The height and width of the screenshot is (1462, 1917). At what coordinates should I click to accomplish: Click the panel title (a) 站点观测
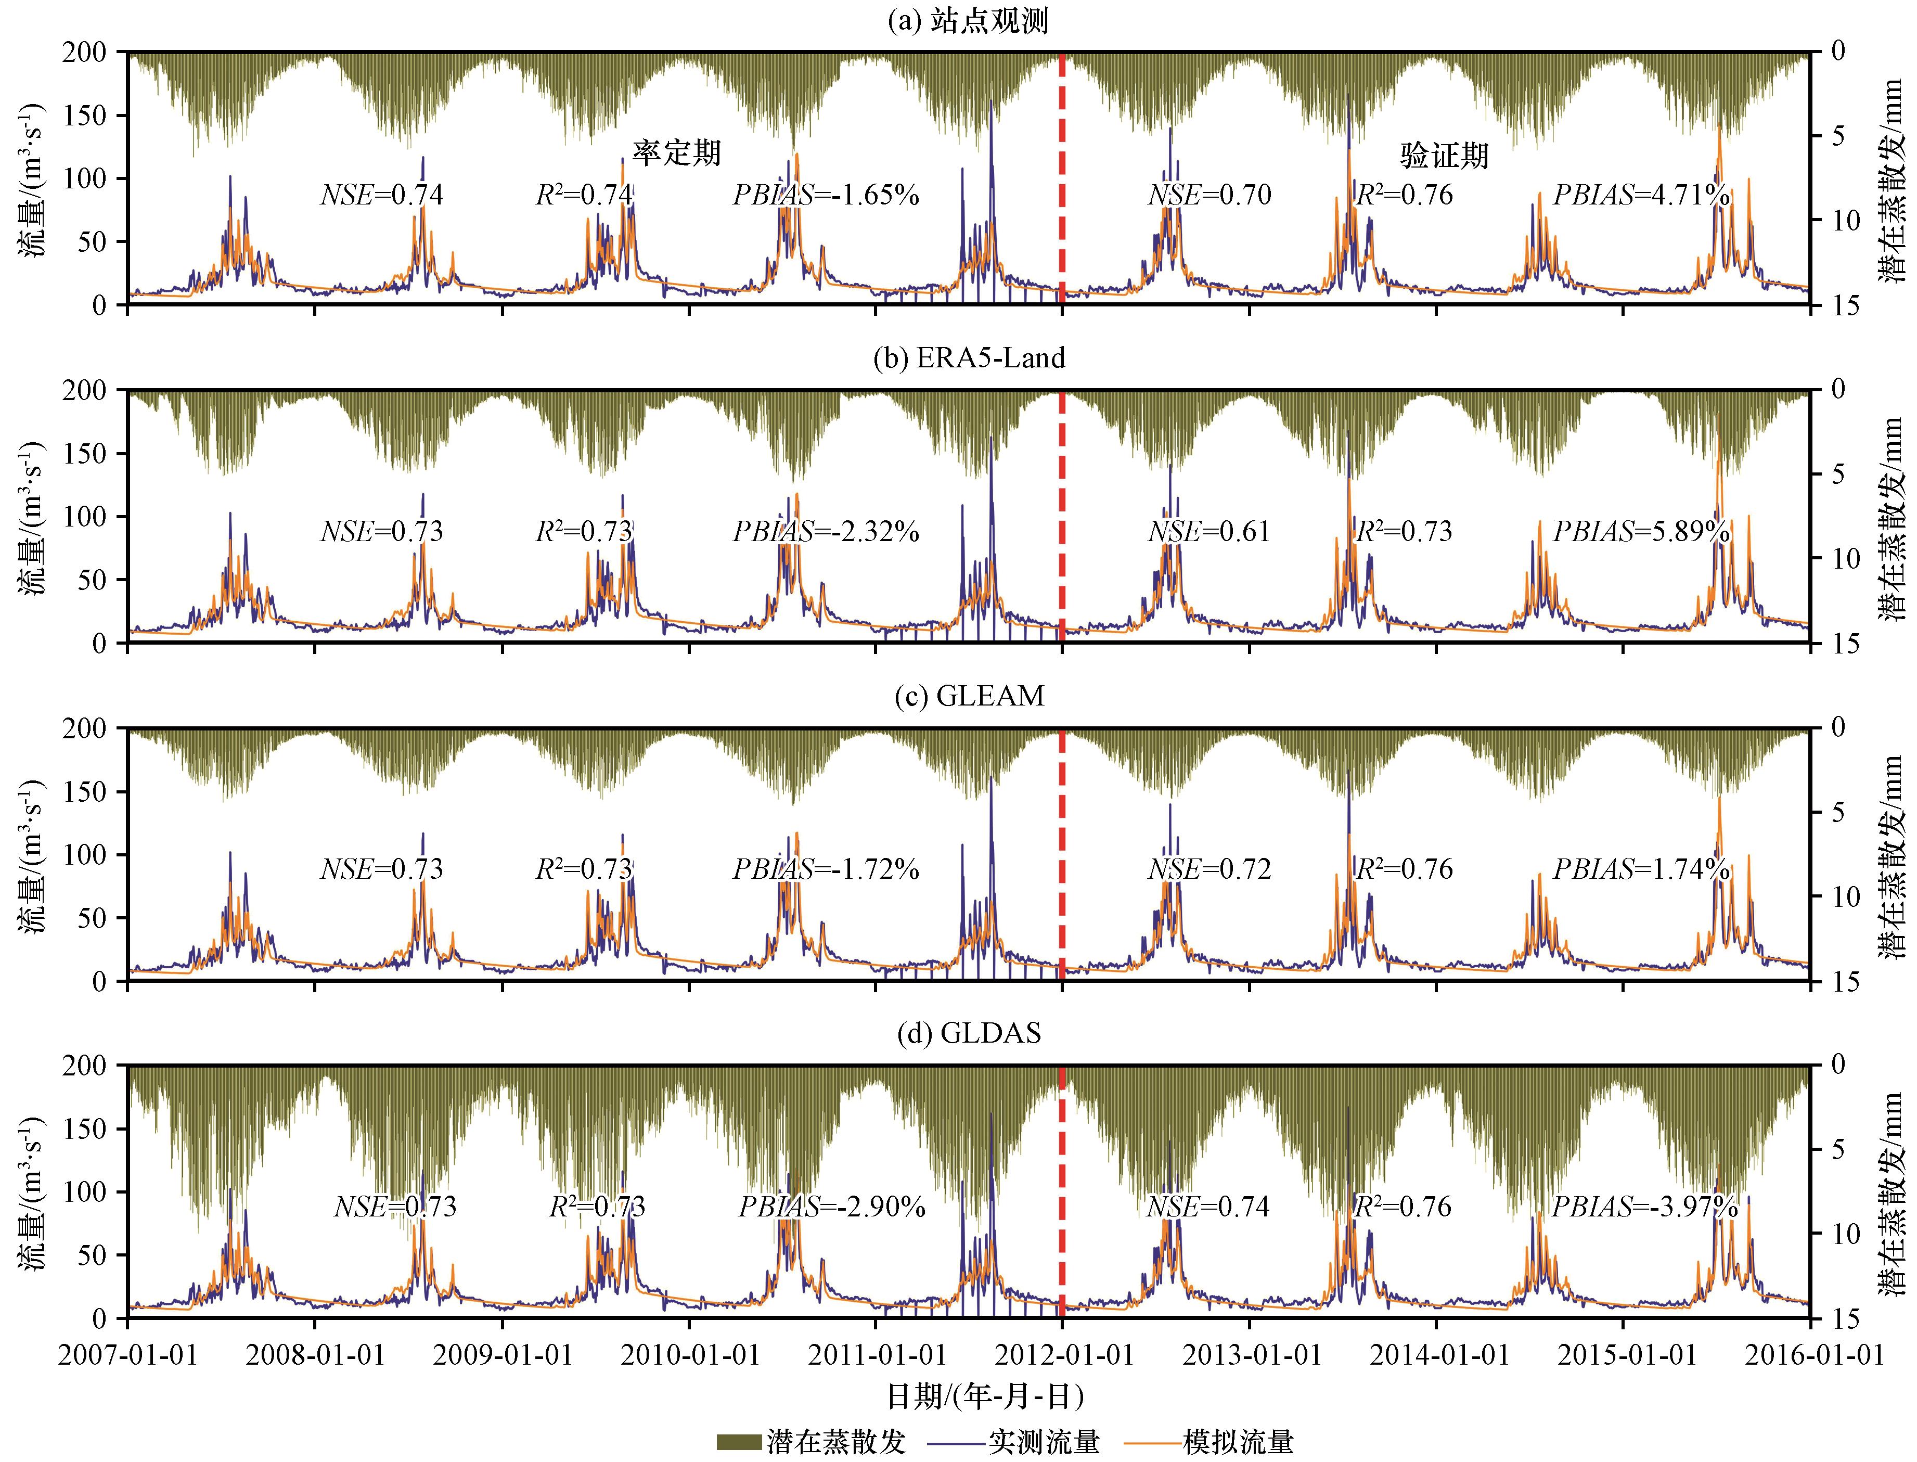[x=968, y=21]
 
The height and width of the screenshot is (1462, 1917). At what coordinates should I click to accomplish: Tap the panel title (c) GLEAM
[x=969, y=696]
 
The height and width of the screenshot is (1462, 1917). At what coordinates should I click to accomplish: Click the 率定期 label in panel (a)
[x=676, y=153]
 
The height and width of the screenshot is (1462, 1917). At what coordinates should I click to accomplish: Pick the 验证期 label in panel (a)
[x=1445, y=156]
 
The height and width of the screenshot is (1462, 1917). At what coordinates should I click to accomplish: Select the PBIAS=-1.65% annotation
[x=826, y=195]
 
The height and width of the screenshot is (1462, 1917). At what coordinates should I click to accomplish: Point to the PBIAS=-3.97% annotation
[x=1644, y=1207]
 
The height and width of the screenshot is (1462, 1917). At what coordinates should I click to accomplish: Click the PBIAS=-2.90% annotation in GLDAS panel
[x=832, y=1207]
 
